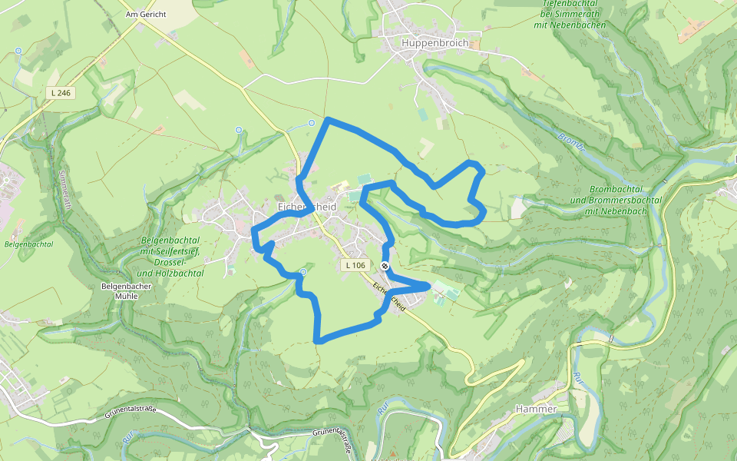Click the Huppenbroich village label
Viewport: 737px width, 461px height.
click(x=435, y=43)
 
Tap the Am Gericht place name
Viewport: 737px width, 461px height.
click(x=146, y=15)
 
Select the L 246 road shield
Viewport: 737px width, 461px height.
click(x=58, y=93)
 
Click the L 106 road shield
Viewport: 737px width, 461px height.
click(x=355, y=265)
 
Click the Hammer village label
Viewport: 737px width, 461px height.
click(x=537, y=409)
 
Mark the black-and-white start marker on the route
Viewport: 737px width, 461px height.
click(x=385, y=266)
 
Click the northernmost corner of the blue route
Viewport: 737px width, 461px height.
click(x=329, y=120)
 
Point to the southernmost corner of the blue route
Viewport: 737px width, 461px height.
click(x=316, y=340)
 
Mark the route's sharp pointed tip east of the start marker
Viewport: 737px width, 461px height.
click(x=428, y=286)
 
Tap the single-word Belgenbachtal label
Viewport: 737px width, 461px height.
click(x=28, y=244)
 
